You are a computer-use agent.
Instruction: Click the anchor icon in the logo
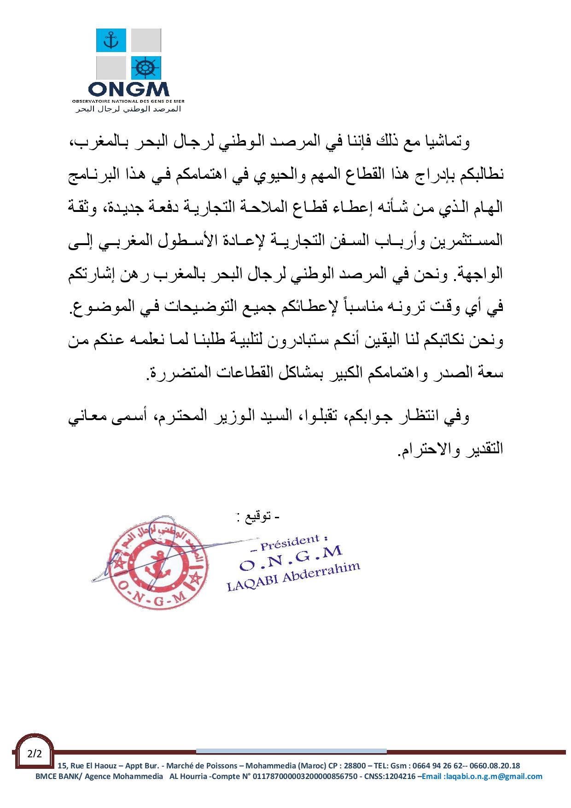[111, 40]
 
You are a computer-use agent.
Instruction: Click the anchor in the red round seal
[156, 572]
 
